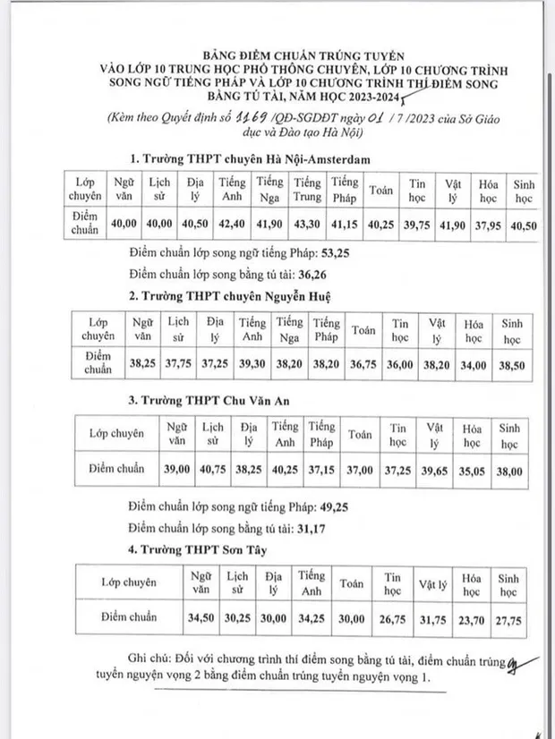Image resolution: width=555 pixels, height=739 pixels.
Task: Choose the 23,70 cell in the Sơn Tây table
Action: [473, 617]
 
